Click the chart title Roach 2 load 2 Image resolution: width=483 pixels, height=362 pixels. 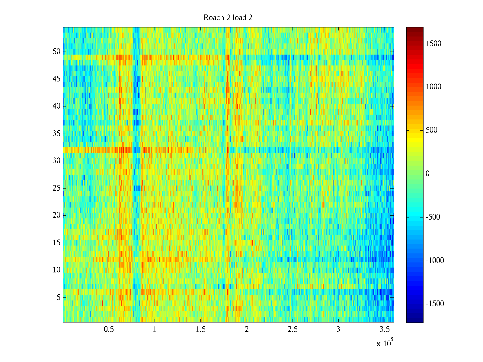[228, 18]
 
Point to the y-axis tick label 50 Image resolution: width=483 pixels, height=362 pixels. [56, 52]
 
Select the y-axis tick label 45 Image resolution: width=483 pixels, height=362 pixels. [56, 79]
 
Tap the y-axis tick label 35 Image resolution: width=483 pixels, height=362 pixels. [56, 134]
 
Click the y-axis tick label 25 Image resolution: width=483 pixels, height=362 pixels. [56, 188]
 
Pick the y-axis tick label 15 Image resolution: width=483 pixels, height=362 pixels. [56, 243]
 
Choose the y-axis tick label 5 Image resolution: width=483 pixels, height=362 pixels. [58, 297]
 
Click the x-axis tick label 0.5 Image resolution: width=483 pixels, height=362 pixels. [109, 329]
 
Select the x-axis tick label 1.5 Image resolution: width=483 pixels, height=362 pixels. [201, 329]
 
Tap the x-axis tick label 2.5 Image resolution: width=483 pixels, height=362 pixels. [293, 329]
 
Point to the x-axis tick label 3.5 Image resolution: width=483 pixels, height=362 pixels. [384, 329]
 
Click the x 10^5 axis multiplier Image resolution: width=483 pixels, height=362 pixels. [385, 343]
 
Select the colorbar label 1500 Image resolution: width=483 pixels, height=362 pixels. [433, 44]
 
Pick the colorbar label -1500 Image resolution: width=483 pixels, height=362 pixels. [435, 304]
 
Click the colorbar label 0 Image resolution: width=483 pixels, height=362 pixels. [427, 174]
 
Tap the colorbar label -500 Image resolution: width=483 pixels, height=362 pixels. [433, 217]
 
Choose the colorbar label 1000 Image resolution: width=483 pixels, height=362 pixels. [433, 87]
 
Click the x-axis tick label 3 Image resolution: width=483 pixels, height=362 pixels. [338, 329]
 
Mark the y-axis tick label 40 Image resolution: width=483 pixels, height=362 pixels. [56, 106]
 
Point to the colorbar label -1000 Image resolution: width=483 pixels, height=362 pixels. [435, 261]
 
